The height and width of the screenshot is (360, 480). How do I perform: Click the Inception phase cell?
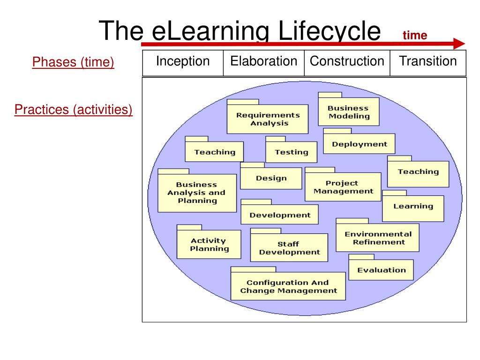click(183, 63)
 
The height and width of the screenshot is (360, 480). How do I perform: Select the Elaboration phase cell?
click(263, 63)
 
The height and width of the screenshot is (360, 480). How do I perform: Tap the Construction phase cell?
click(347, 63)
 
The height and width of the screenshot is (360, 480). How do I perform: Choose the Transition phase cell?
click(427, 63)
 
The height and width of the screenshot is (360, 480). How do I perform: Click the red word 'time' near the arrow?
click(415, 36)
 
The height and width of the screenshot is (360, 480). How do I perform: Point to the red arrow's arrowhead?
click(459, 44)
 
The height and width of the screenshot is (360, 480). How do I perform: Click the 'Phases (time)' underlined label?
click(73, 62)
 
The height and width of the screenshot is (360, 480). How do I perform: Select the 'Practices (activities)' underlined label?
click(74, 110)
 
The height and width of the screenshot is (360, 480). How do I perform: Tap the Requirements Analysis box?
click(268, 119)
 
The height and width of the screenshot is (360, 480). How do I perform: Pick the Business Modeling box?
click(348, 112)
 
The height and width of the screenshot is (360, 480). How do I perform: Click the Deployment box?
click(360, 144)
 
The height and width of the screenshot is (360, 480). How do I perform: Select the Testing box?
click(291, 152)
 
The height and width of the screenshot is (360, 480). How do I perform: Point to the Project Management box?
click(343, 187)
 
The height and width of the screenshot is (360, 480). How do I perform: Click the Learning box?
click(413, 206)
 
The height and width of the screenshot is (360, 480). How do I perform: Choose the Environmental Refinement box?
click(378, 238)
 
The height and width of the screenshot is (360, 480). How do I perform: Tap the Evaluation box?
click(381, 270)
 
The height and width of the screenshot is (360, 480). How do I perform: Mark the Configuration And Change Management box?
click(288, 286)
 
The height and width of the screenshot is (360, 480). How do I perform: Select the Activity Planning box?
click(209, 245)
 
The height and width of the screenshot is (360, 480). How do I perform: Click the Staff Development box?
click(289, 248)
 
